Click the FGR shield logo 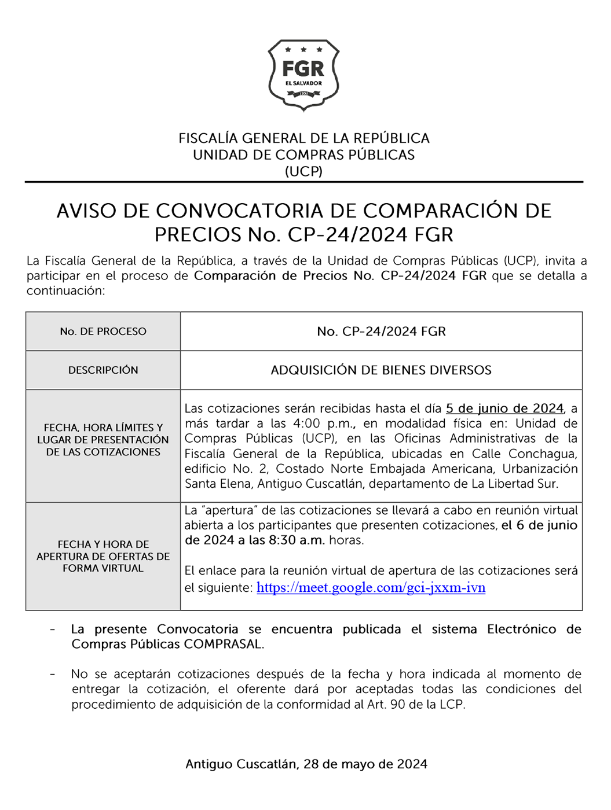click(x=303, y=75)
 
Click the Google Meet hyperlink click(x=371, y=588)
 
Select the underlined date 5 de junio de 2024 click(x=504, y=408)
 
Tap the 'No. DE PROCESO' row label click(x=103, y=332)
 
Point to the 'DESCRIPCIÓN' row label click(x=103, y=370)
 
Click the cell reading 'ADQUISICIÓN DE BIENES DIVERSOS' click(x=381, y=370)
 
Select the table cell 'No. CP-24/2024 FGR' click(x=381, y=332)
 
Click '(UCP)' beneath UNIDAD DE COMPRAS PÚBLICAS click(x=303, y=171)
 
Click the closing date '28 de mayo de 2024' click(x=365, y=764)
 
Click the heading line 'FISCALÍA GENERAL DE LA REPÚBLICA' click(x=303, y=139)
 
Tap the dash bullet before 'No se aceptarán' click(x=53, y=675)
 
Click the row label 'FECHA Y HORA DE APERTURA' click(x=103, y=556)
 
